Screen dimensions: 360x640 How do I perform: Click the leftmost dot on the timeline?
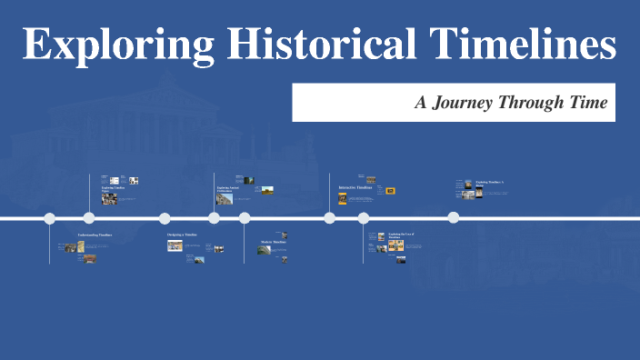[x=50, y=218]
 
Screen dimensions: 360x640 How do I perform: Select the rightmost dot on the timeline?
[x=453, y=217]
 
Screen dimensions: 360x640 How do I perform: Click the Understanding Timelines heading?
[x=95, y=235]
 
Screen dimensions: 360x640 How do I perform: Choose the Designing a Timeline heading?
[x=182, y=235]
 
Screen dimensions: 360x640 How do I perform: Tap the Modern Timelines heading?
[x=274, y=243]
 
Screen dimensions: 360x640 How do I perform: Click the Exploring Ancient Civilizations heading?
[x=228, y=189]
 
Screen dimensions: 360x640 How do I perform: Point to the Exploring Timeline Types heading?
[x=113, y=188]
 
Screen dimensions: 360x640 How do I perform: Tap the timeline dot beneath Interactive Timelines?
[x=330, y=218]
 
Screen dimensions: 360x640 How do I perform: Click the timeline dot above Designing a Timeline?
[x=165, y=218]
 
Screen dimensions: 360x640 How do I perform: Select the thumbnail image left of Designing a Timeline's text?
[x=175, y=245]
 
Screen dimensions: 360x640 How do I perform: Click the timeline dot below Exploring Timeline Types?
[x=89, y=218]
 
